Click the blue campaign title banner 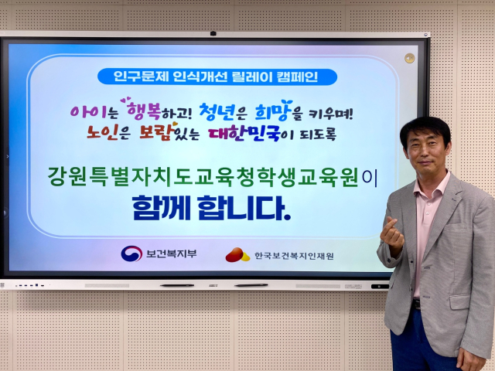point(217,77)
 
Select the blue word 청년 point(217,112)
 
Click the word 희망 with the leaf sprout point(273,111)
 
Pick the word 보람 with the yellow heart point(158,132)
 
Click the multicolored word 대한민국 point(244,134)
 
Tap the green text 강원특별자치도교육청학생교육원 point(203,177)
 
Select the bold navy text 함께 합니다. point(211,208)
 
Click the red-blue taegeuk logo point(131,254)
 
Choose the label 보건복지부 point(172,254)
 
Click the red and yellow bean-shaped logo point(237,255)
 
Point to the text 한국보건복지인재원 point(294,256)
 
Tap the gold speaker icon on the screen point(409,58)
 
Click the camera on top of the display point(213,33)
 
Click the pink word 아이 point(88,111)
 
